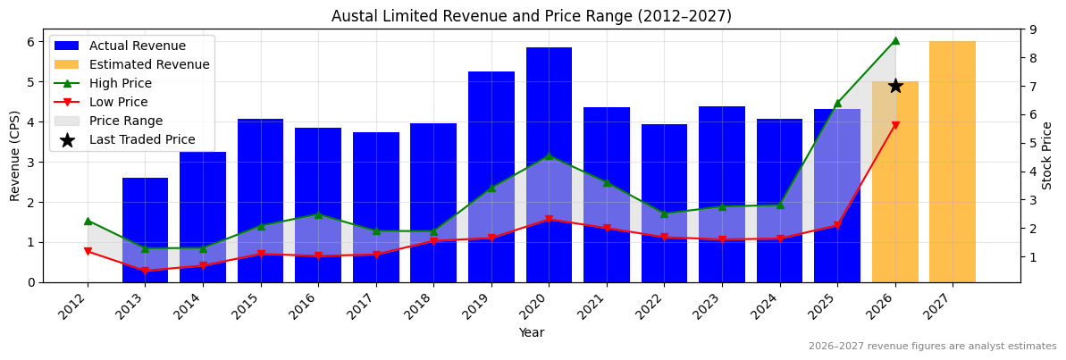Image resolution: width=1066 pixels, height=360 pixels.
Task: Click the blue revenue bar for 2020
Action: tap(549, 134)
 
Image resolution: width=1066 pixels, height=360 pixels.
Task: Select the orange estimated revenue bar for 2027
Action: tap(952, 161)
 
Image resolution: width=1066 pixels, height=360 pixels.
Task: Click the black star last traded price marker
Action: tap(895, 86)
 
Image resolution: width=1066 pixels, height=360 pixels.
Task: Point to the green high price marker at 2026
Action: tap(895, 40)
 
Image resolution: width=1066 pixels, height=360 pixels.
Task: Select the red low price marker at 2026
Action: tap(895, 126)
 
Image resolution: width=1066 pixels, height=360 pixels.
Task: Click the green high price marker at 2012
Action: tap(88, 221)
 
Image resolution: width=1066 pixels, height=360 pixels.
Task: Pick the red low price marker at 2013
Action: tap(145, 271)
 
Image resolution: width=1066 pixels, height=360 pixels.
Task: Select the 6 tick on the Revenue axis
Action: tap(30, 42)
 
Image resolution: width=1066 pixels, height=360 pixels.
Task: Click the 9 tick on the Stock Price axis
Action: tap(1031, 29)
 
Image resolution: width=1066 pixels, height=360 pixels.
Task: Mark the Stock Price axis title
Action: tap(1048, 155)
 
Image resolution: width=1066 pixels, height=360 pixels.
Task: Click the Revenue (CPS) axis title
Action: tap(15, 155)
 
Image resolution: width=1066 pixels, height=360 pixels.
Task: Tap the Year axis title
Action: tap(531, 333)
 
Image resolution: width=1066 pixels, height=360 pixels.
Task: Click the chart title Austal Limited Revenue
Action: tap(531, 16)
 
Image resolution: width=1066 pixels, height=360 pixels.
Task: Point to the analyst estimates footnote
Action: tap(932, 347)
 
